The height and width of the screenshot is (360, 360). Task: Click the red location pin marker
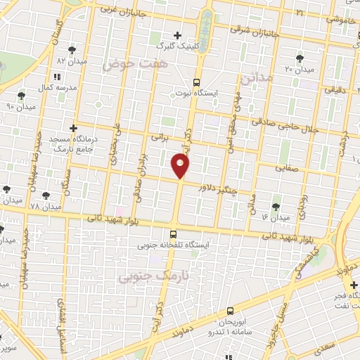[x=181, y=166]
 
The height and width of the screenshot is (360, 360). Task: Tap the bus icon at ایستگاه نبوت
[x=196, y=82]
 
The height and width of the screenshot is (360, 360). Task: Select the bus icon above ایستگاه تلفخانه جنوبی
[x=173, y=234]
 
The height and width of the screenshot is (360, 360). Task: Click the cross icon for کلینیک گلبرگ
[x=177, y=35]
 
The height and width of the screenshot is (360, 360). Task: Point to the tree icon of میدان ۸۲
[x=72, y=50]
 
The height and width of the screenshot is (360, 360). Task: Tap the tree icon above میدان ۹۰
[x=21, y=95]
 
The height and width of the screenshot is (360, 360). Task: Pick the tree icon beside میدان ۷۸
[x=46, y=195]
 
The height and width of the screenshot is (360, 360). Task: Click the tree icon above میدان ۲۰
[x=300, y=58]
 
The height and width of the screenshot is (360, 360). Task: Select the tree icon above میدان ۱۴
[x=275, y=206]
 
